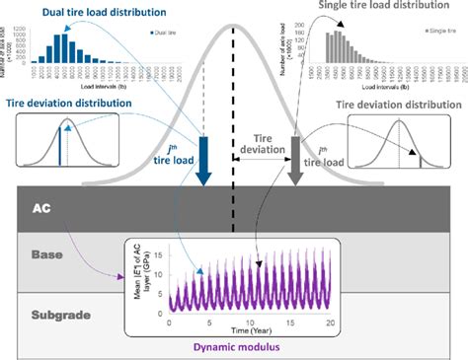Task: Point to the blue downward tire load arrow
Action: [x=205, y=162]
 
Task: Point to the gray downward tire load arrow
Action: [x=292, y=162]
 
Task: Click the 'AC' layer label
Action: [x=42, y=210]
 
